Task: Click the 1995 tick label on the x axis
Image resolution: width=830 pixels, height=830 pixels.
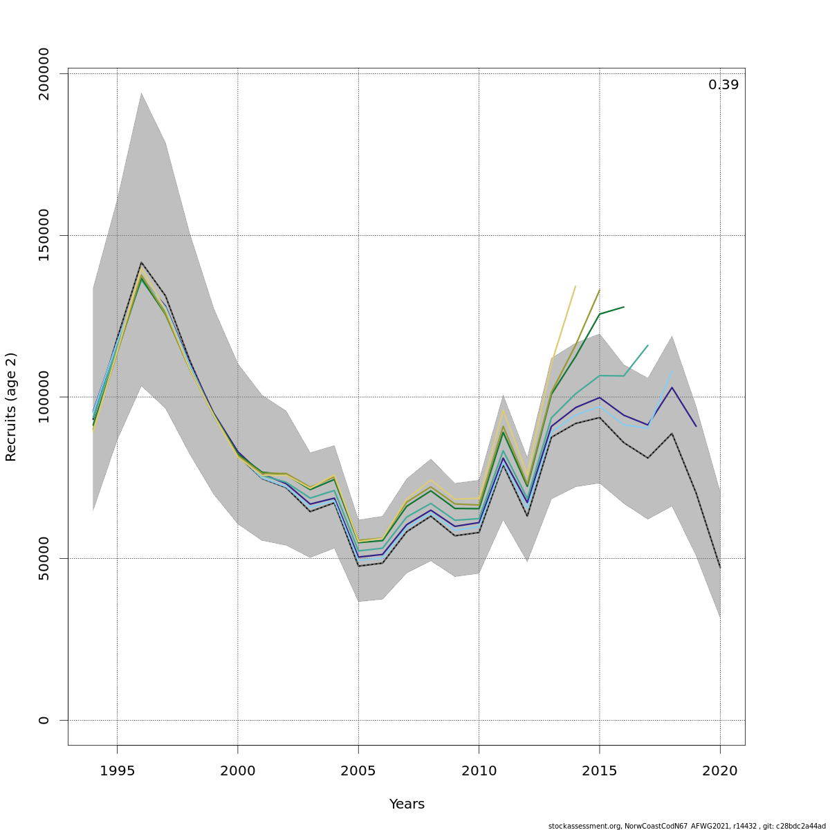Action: click(x=117, y=771)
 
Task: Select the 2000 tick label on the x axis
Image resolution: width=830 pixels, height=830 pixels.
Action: click(x=237, y=771)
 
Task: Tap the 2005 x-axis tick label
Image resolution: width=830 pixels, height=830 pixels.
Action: click(x=358, y=771)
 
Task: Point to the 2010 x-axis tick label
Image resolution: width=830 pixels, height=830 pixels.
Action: click(x=479, y=771)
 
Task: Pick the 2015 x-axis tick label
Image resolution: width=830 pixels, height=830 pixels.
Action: click(x=599, y=771)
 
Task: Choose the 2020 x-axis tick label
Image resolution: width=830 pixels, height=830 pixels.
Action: click(x=720, y=771)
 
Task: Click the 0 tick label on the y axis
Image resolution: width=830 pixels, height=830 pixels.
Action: click(x=44, y=720)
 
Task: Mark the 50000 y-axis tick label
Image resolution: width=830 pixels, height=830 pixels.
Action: click(x=44, y=558)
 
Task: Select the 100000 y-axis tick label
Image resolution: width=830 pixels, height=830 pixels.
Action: click(x=44, y=397)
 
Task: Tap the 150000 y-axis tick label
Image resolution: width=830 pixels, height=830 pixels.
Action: click(x=44, y=235)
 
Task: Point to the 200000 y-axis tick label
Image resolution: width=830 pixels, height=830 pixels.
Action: click(x=44, y=74)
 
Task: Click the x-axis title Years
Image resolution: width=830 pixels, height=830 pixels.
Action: click(x=407, y=804)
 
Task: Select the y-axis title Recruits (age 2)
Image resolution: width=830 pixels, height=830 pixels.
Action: click(x=11, y=407)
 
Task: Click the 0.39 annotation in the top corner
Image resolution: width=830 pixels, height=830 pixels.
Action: click(x=723, y=85)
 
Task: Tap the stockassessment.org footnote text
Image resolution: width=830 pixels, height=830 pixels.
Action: click(x=687, y=826)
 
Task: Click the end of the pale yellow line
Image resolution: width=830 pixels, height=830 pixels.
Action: click(x=575, y=286)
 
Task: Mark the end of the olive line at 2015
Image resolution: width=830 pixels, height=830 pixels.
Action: click(x=600, y=290)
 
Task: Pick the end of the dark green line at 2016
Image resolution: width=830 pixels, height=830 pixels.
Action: click(x=624, y=306)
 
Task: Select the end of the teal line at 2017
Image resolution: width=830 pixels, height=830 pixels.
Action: click(x=648, y=345)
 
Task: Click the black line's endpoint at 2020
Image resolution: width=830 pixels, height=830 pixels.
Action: click(x=720, y=568)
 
